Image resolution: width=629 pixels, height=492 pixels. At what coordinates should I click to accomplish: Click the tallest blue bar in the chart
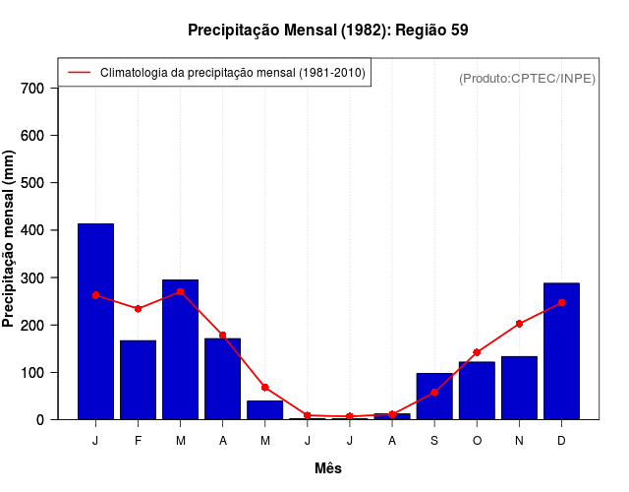95,322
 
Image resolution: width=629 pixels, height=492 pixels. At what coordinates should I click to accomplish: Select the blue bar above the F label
138,380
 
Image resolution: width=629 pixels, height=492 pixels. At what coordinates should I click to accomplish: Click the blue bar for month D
561,351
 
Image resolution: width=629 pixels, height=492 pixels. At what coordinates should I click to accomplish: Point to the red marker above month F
138,309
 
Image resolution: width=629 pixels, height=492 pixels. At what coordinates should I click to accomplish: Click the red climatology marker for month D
561,303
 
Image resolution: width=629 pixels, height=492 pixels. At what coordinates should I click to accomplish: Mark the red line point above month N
519,324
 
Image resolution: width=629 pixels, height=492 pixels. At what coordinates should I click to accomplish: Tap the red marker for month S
433,393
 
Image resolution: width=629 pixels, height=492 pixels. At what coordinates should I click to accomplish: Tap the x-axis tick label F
138,441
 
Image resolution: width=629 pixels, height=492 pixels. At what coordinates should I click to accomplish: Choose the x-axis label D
561,441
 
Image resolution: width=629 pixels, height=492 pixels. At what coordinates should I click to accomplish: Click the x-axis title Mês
328,468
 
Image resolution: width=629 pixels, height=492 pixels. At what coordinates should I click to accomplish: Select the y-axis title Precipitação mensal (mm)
10,238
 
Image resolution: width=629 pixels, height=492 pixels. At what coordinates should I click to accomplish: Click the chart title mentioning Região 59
328,31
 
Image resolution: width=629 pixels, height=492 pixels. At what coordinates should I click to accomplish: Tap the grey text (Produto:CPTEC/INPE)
527,78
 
